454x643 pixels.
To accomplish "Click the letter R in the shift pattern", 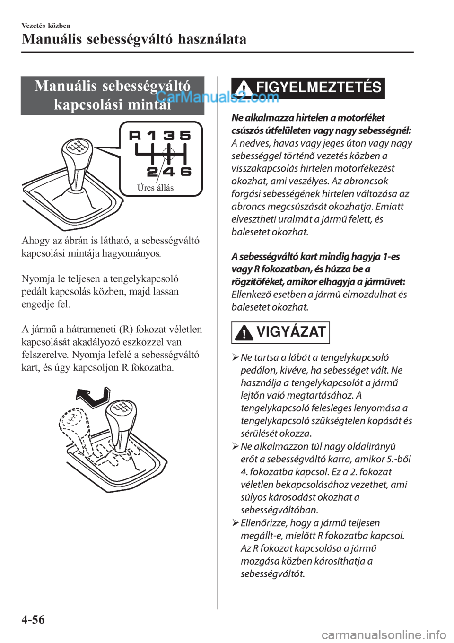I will pos(135,136).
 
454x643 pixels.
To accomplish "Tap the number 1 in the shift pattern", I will pos(151,136).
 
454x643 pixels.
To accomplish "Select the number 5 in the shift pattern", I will pos(185,136).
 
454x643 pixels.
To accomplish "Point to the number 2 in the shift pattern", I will pos(152,171).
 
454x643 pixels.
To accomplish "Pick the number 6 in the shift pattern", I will pos(186,171).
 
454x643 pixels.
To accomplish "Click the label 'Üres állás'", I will pos(155,188).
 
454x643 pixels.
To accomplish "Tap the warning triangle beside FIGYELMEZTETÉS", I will pos(244,88).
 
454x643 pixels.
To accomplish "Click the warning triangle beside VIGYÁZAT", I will pos(244,333).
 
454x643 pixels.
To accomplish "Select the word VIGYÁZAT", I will pos(291,332).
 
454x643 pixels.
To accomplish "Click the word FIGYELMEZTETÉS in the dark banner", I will pos(318,87).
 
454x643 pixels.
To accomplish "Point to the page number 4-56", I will pos(33,619).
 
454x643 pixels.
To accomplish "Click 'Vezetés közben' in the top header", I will pos(46,26).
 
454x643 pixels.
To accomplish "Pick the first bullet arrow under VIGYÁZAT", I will pos(236,358).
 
